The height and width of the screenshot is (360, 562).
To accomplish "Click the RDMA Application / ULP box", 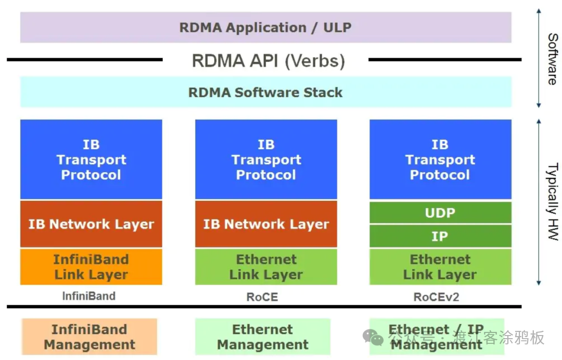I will pos(265,28).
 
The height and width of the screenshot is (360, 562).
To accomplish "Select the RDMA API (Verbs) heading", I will pos(268,61).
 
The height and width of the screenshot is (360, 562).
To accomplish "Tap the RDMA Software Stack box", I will pos(265,93).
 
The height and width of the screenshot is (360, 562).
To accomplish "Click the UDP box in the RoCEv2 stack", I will pos(440,213).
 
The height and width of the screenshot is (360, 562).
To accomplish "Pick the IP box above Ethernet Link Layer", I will pos(440,236).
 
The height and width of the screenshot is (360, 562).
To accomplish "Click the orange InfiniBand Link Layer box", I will pos(91,267).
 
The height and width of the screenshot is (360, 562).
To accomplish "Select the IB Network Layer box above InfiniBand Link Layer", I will pos(91,224).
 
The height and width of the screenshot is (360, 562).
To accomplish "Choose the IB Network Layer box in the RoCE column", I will pos(266,224).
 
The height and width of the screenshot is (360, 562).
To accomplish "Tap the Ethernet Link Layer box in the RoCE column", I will pos(266,267).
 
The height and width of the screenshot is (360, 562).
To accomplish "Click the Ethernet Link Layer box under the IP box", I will pos(440,267).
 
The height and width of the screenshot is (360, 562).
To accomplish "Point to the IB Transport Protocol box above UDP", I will pos(440,159).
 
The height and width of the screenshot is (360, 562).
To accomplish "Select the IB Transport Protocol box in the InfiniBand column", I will pos(91,159).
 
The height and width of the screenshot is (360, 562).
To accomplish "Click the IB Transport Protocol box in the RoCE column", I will pos(266,159).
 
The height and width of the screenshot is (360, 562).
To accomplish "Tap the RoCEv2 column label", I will pos(436,297).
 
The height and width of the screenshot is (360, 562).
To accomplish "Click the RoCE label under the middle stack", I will pos(262,297).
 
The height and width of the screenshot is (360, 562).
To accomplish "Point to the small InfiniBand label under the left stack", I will pos(88,296).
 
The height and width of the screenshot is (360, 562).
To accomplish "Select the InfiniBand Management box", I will pos(90,337).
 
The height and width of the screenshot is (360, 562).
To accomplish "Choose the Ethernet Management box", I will pos(263,337).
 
